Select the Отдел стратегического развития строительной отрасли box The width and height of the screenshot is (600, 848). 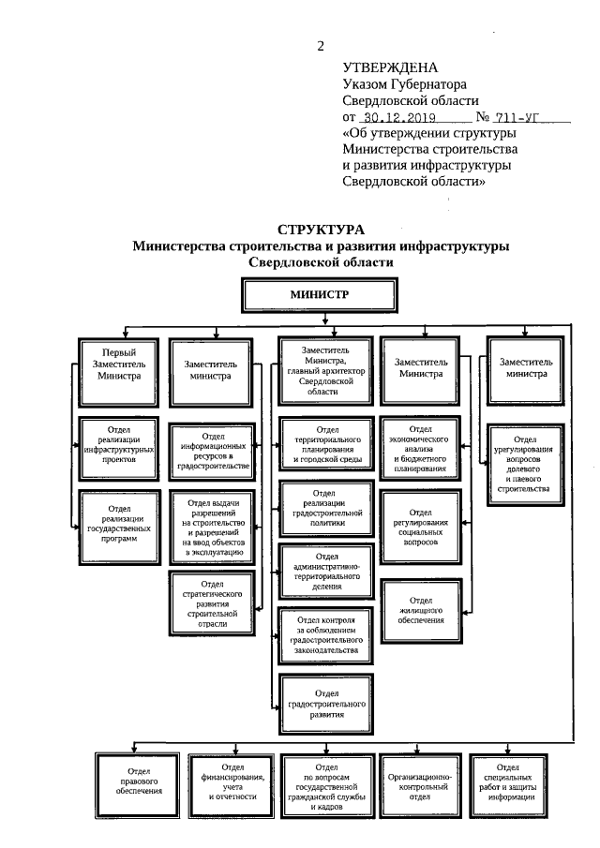point(213,602)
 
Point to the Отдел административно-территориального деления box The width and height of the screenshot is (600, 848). point(326,572)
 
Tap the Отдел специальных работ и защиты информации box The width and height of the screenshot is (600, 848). point(511,783)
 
